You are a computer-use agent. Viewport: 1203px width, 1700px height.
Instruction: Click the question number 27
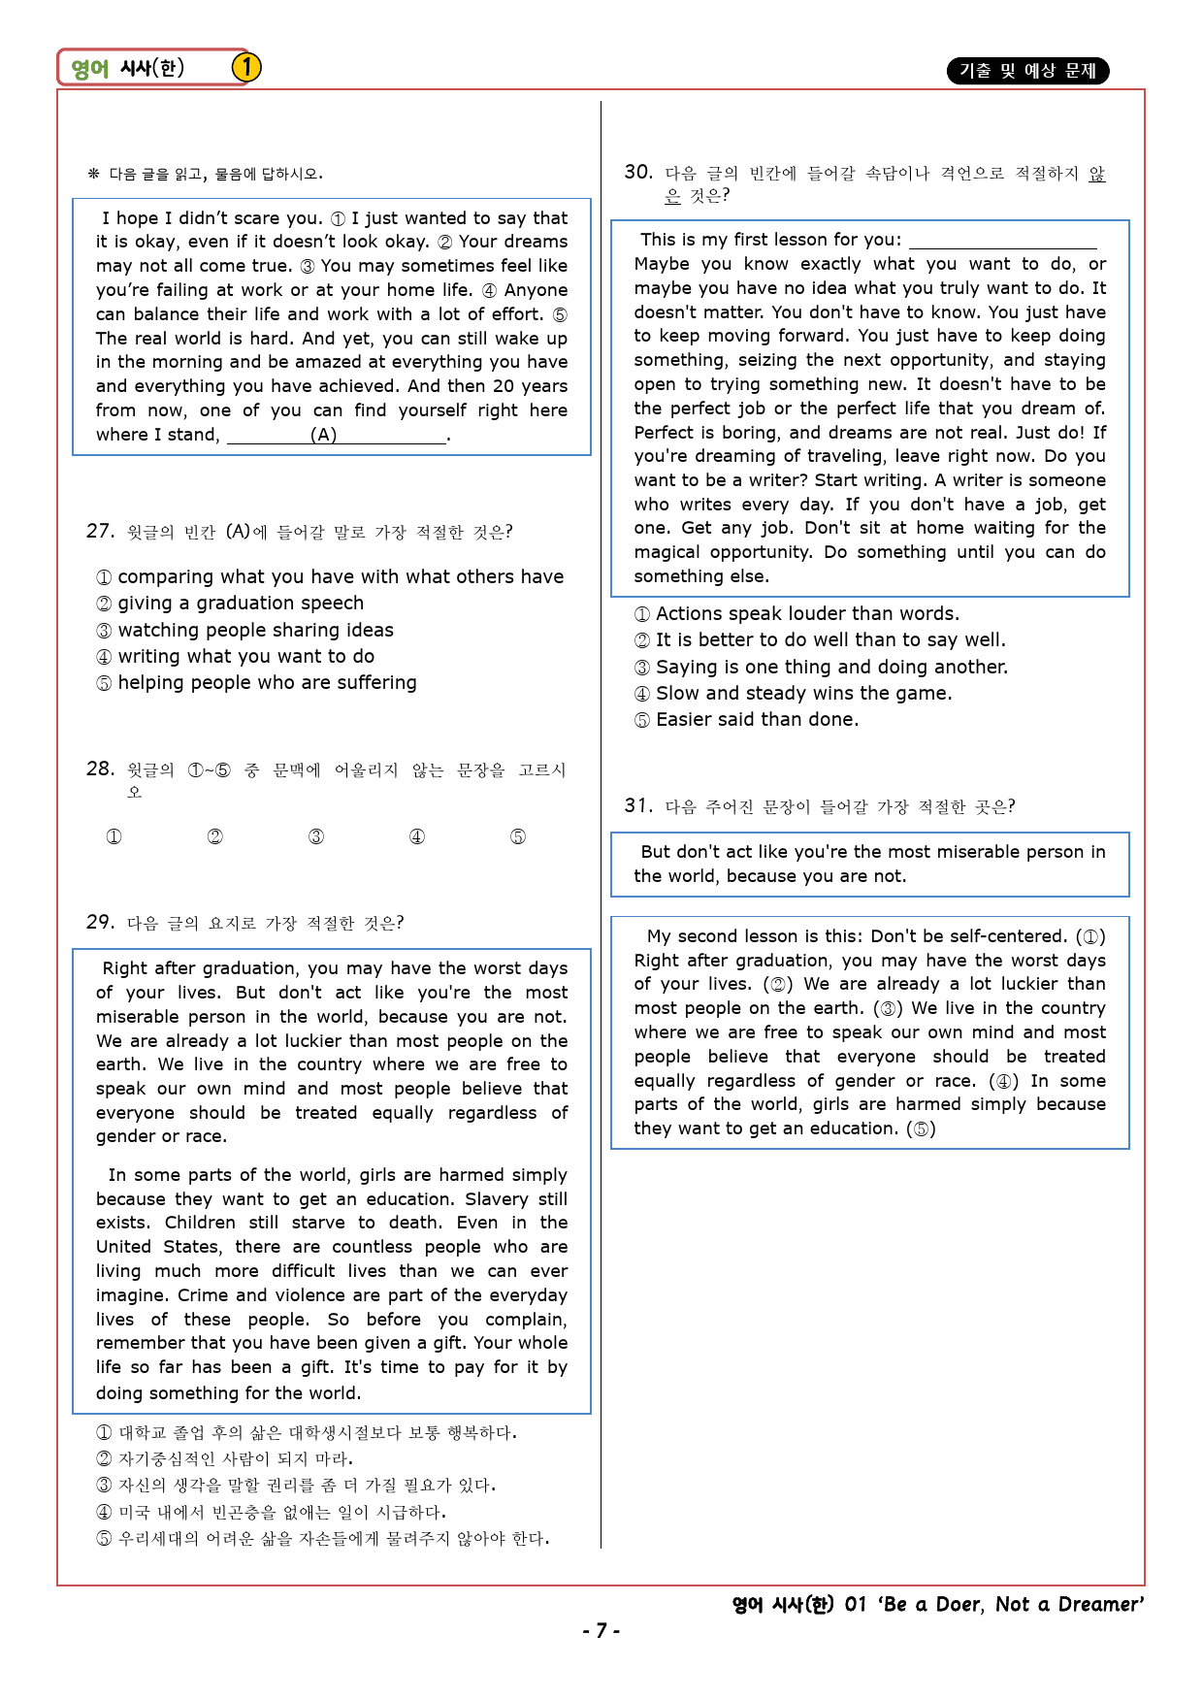point(100,531)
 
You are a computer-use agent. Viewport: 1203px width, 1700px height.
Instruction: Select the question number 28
point(100,768)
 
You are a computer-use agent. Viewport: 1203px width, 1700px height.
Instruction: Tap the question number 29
point(100,922)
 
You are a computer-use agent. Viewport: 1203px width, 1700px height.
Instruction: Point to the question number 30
point(637,172)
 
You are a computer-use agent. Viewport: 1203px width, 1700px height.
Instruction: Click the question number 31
point(637,805)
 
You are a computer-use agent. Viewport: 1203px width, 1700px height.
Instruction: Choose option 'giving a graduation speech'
point(241,604)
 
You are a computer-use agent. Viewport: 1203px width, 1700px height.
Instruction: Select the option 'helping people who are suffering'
point(267,683)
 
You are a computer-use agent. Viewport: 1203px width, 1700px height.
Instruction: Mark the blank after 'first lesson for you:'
point(1002,240)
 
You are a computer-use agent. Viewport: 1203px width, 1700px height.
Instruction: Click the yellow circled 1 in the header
point(246,67)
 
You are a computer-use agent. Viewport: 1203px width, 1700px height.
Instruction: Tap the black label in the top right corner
point(1027,71)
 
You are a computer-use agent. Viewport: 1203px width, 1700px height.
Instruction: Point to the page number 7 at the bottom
point(601,1631)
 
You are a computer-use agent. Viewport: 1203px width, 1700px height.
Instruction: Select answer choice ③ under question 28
point(316,836)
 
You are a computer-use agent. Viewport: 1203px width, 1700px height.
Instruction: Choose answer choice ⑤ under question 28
point(518,836)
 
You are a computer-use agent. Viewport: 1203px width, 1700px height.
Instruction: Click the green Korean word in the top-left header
point(90,68)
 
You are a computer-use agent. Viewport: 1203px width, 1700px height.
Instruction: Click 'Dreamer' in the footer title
point(1100,1605)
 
